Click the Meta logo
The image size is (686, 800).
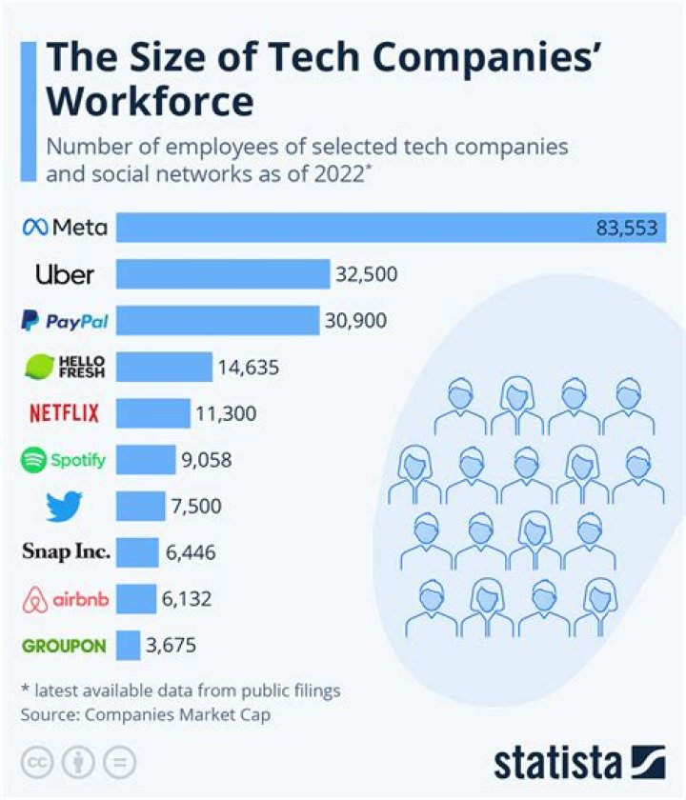click(x=64, y=228)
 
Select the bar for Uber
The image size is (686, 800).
click(x=223, y=274)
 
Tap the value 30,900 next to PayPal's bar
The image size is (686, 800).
click(x=355, y=321)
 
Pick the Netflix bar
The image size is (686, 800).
click(x=153, y=413)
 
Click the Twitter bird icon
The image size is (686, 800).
click(x=64, y=506)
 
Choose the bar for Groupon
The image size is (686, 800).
click(x=129, y=646)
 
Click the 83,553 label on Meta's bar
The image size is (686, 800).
click(x=628, y=229)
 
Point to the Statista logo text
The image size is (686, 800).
click(x=557, y=762)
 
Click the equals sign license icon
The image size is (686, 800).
click(x=119, y=762)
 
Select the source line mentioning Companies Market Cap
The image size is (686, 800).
click(x=139, y=713)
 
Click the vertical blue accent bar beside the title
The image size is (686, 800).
click(x=27, y=110)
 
